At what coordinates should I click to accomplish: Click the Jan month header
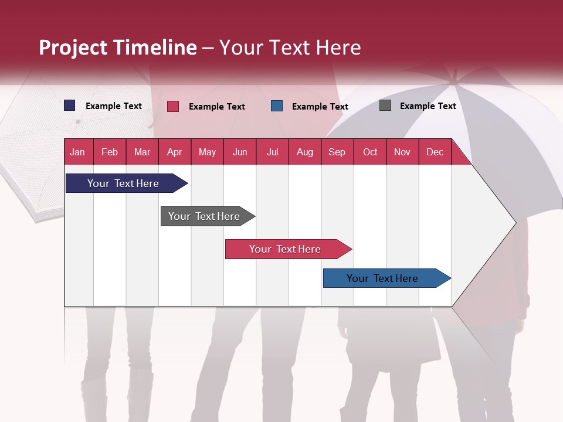[77, 152]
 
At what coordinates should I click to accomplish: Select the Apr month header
[174, 152]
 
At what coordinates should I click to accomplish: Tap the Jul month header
[272, 152]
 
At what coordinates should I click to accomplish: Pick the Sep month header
[337, 152]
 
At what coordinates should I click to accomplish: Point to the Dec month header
[435, 152]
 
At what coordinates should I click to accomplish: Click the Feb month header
[110, 152]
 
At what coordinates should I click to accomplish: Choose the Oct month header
[370, 152]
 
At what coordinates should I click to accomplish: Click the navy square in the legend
[70, 105]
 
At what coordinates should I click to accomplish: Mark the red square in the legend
[173, 106]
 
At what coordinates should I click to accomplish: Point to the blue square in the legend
[277, 106]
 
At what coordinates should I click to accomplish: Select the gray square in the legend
[385, 105]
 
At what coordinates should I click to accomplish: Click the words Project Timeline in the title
[118, 47]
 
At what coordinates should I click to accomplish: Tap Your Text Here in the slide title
[290, 47]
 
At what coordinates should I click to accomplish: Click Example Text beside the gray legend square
[428, 106]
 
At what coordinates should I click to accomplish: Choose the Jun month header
[240, 152]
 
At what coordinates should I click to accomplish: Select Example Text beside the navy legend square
[114, 106]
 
